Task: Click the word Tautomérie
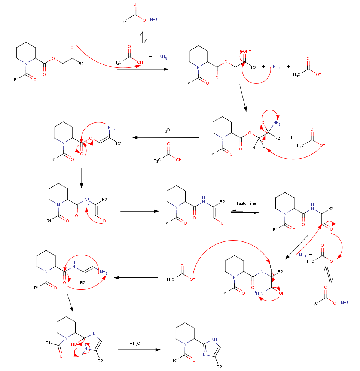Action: (x=246, y=203)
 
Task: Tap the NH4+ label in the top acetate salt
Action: (x=154, y=20)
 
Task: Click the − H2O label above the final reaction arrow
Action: (x=135, y=343)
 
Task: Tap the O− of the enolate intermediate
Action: (x=106, y=221)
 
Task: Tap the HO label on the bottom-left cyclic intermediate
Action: (x=74, y=343)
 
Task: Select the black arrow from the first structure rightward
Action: (x=142, y=69)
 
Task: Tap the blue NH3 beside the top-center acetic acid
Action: (x=163, y=57)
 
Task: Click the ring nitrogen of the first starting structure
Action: (x=26, y=64)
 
